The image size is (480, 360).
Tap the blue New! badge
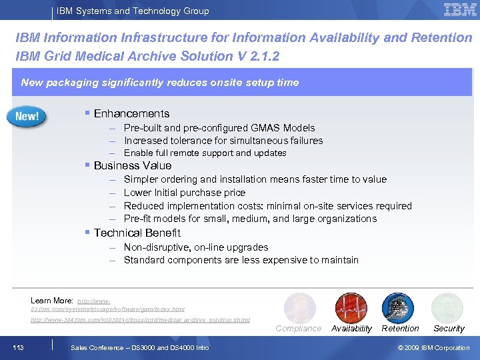(27, 116)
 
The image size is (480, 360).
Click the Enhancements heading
(131, 113)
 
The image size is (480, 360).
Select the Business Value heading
(133, 165)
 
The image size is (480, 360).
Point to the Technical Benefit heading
(137, 233)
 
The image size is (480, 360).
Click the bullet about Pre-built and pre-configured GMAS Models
(219, 127)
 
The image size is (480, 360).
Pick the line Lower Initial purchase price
(185, 192)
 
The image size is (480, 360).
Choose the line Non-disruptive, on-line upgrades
(196, 247)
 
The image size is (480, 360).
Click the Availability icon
(351, 308)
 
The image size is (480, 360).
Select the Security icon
(447, 308)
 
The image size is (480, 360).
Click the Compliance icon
(299, 308)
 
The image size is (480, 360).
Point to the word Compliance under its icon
(299, 328)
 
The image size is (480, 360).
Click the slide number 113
(19, 347)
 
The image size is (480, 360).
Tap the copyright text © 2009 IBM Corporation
(433, 347)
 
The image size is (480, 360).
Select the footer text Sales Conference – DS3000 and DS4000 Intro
(140, 347)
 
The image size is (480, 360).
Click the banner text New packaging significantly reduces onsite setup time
(160, 83)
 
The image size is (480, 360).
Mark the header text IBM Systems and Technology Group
(133, 11)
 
